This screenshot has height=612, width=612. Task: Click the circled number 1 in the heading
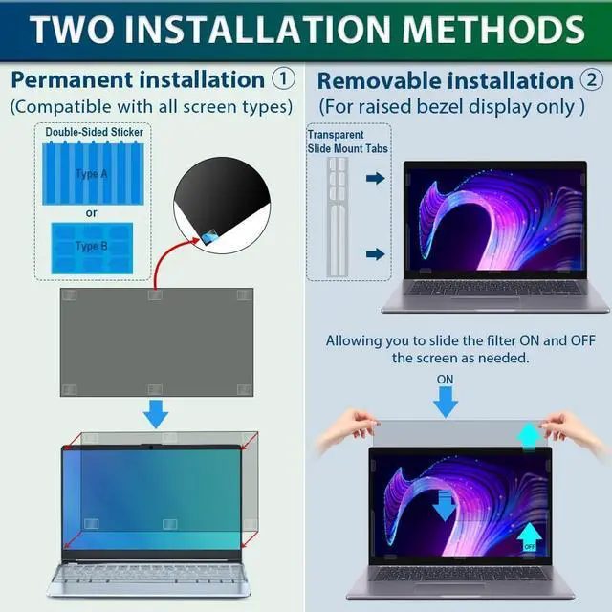[284, 77]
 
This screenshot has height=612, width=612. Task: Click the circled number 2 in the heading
[592, 80]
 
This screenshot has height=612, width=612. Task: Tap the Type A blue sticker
[92, 173]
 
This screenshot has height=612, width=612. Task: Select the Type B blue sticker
[92, 247]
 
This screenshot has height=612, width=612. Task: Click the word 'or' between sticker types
[92, 212]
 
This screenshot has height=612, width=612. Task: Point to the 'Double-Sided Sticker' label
[92, 132]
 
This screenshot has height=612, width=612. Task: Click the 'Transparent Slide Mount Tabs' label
[337, 142]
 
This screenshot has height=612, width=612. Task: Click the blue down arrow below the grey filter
[155, 415]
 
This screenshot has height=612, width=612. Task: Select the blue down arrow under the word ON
[445, 402]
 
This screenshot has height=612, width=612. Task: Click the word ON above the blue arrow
[445, 379]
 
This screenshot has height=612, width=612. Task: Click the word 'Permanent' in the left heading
[73, 78]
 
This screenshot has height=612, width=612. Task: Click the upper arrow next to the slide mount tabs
[375, 178]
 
